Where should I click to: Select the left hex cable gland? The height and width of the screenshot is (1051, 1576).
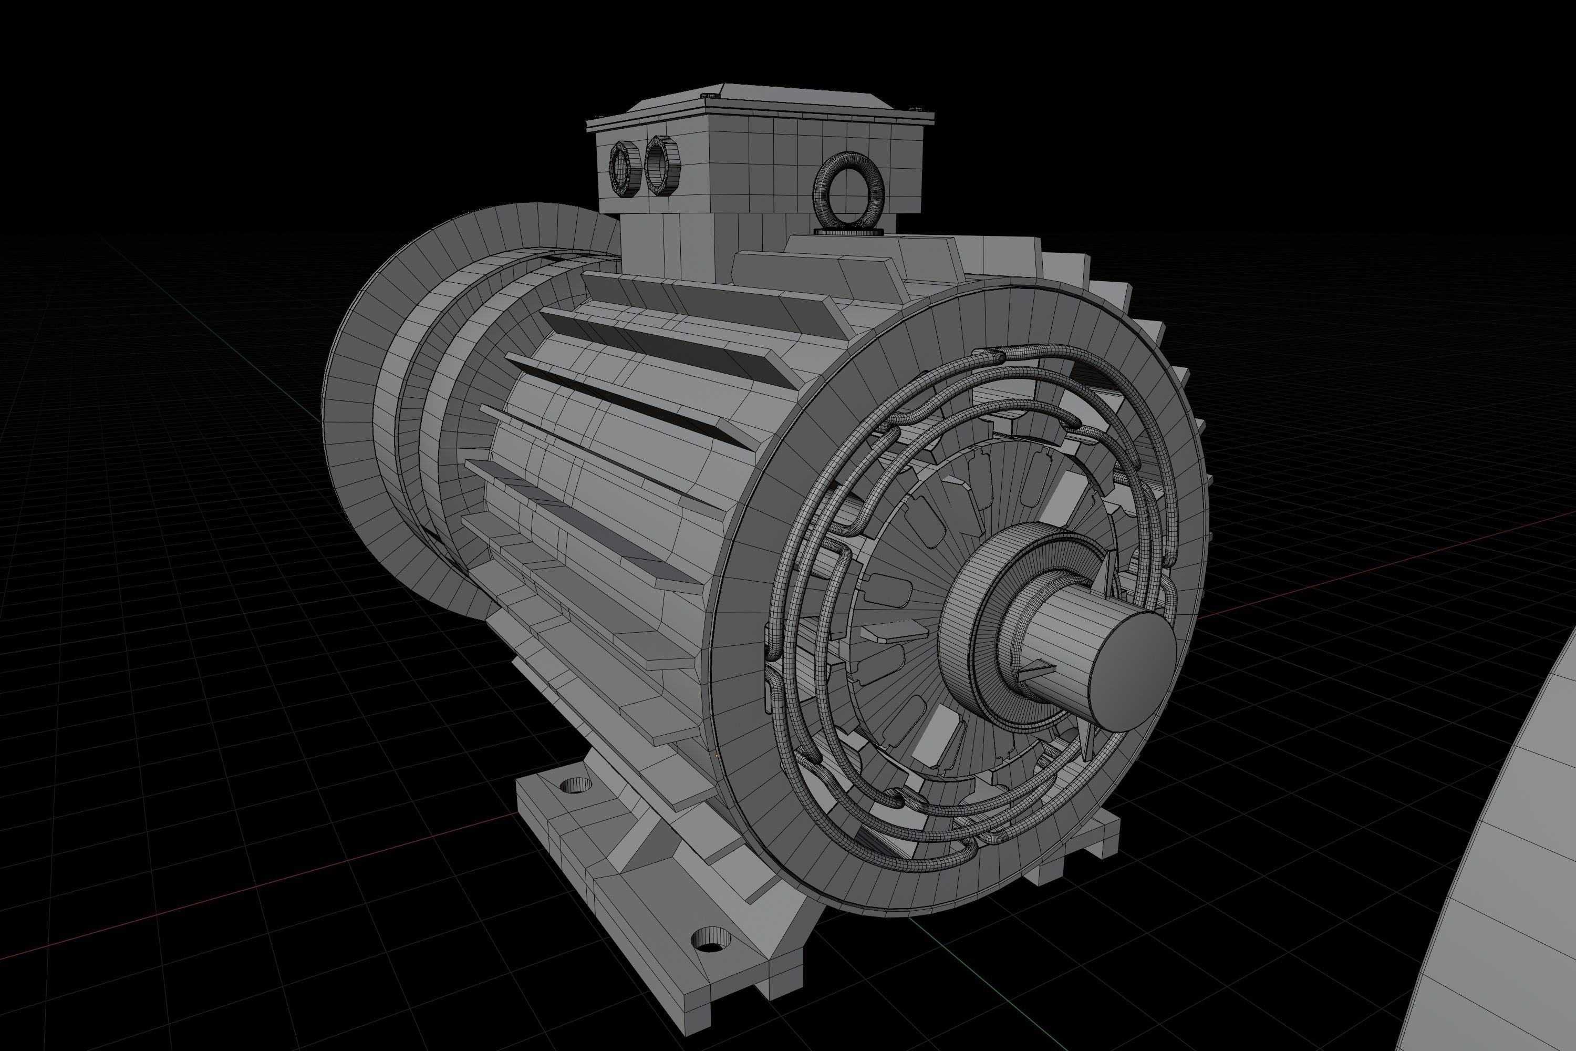pos(625,170)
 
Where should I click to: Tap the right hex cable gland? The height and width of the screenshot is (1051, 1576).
pos(662,165)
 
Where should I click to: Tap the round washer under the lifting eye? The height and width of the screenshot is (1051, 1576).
pos(848,232)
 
